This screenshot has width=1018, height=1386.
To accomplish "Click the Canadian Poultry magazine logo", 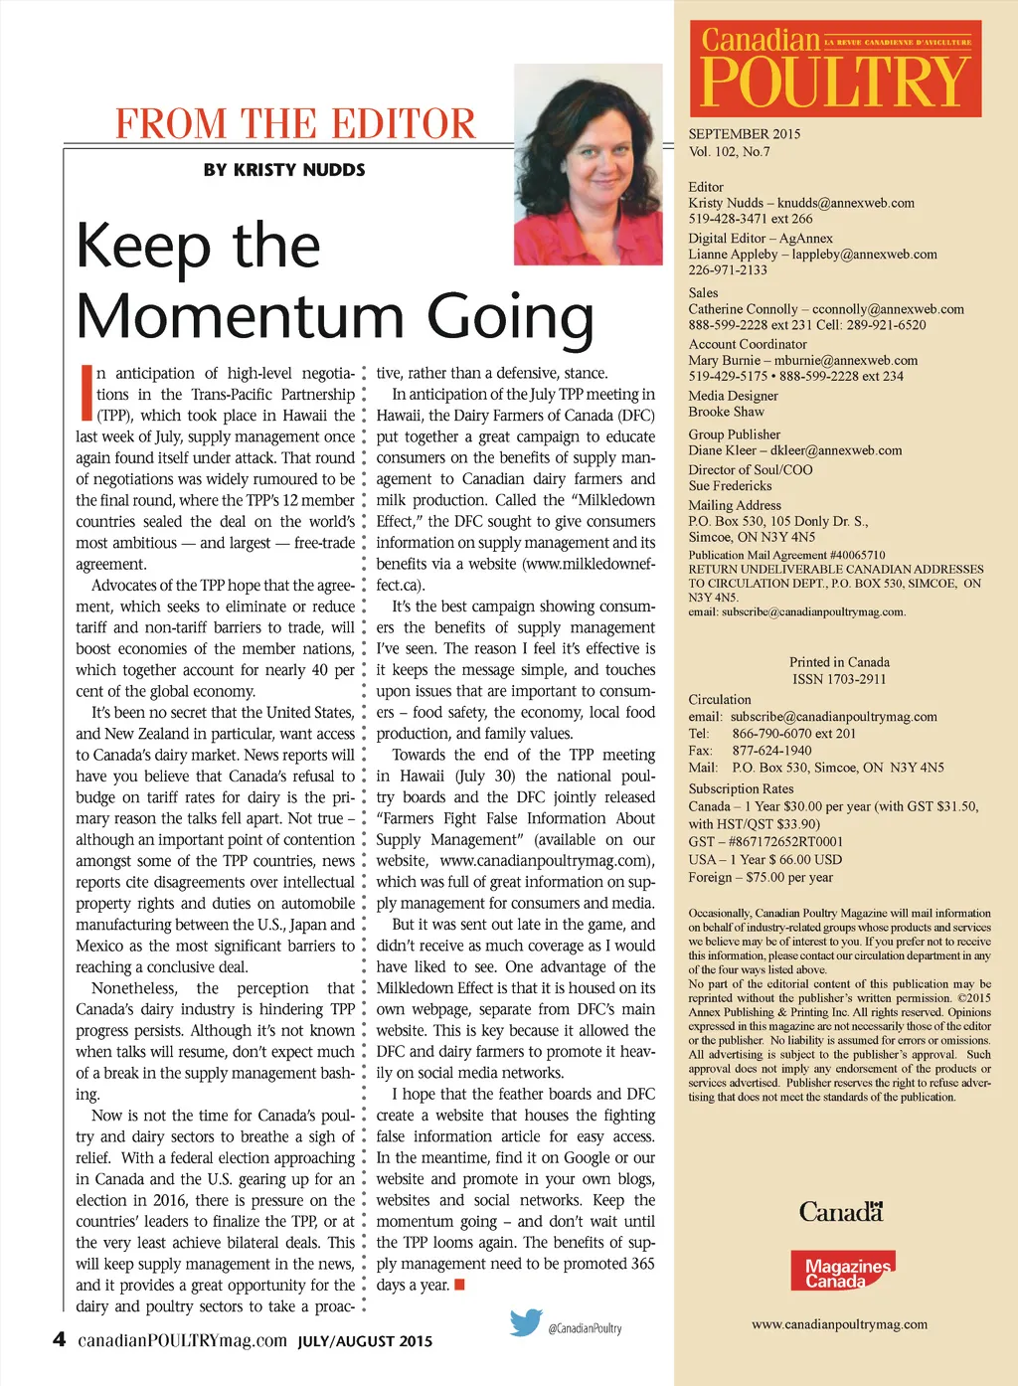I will [835, 69].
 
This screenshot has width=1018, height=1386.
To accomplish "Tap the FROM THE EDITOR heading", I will [295, 124].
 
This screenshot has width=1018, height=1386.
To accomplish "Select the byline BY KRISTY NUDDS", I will [284, 170].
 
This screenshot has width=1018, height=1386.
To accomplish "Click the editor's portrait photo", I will [588, 164].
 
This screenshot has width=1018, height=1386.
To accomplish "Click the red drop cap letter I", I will [85, 393].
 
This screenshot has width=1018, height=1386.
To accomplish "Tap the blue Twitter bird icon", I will [526, 1322].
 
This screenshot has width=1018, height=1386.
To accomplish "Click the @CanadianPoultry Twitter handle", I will [585, 1328].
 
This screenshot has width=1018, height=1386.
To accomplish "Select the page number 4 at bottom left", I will [59, 1339].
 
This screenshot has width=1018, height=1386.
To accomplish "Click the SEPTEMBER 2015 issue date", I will [744, 134].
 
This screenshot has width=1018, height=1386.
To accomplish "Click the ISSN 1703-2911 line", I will [839, 679].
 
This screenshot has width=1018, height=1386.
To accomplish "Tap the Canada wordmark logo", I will [840, 1212].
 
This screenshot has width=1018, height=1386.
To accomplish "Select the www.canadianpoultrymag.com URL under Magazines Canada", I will [839, 1324].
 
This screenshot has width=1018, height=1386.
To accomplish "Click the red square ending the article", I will [459, 1285].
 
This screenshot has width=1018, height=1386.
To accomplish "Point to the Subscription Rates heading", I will [741, 788].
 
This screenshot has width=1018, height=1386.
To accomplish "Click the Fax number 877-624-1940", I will [771, 751].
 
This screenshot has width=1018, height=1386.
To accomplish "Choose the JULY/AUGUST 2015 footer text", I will [365, 1341].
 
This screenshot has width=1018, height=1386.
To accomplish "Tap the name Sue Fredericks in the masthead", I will [730, 486].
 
